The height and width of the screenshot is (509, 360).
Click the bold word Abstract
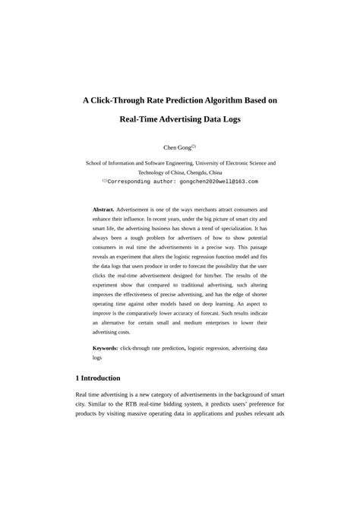click(103, 208)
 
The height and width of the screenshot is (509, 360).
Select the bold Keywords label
click(106, 347)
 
